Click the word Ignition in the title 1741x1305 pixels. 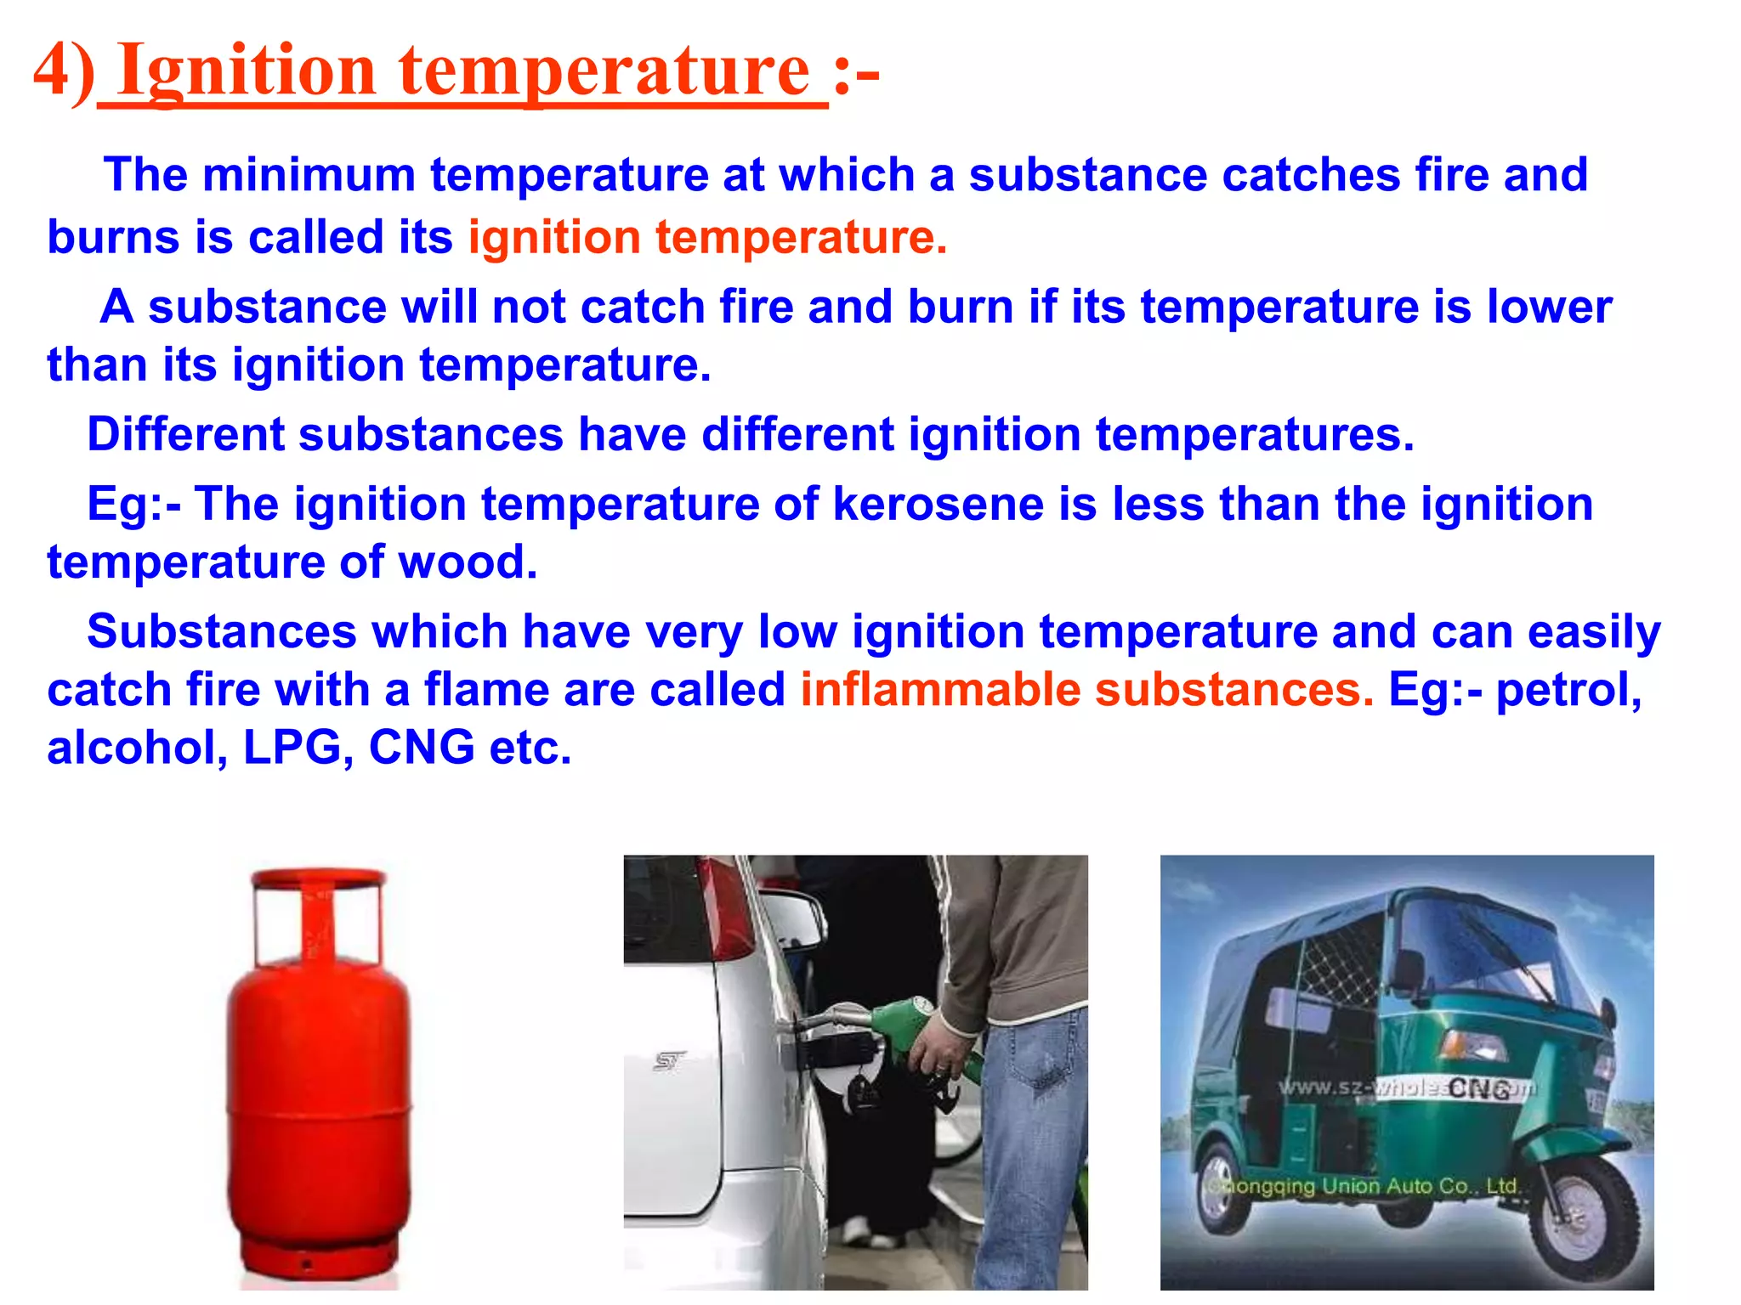click(247, 71)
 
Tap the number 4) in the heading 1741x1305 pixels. click(65, 71)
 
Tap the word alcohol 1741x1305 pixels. click(137, 748)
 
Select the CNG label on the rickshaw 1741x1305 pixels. click(1479, 1088)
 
